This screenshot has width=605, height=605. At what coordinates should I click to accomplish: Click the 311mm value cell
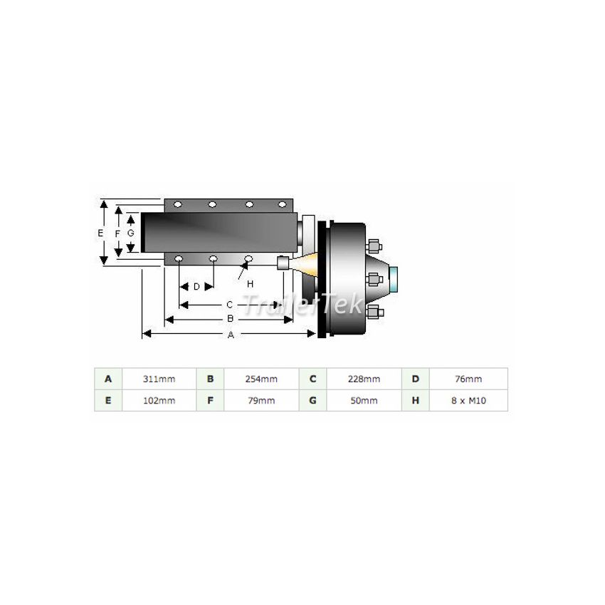coord(159,379)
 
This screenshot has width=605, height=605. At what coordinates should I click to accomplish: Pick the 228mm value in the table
coord(364,379)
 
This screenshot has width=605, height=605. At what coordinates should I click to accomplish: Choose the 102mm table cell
coord(159,401)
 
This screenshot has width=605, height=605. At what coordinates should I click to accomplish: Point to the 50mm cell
coord(364,401)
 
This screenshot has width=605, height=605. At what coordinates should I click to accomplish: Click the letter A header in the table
coord(108,379)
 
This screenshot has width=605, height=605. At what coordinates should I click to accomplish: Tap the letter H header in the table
coord(415,401)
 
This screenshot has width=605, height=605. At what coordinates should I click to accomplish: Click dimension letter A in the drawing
coord(230,335)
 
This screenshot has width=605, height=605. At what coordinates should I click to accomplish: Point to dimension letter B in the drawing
coord(230,319)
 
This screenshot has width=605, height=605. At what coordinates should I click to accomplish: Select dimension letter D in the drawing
coord(196,287)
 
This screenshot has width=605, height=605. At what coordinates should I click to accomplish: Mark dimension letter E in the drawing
coord(100,233)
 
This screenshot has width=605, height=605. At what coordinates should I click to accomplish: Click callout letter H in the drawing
coord(250,283)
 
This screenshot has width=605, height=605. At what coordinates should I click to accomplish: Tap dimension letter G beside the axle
coord(130,233)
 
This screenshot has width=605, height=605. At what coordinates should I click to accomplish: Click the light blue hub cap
coord(394,278)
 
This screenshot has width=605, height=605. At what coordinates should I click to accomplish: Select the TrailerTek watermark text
coord(303,306)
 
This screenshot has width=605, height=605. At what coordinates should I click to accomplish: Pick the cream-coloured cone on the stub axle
coord(303,264)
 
